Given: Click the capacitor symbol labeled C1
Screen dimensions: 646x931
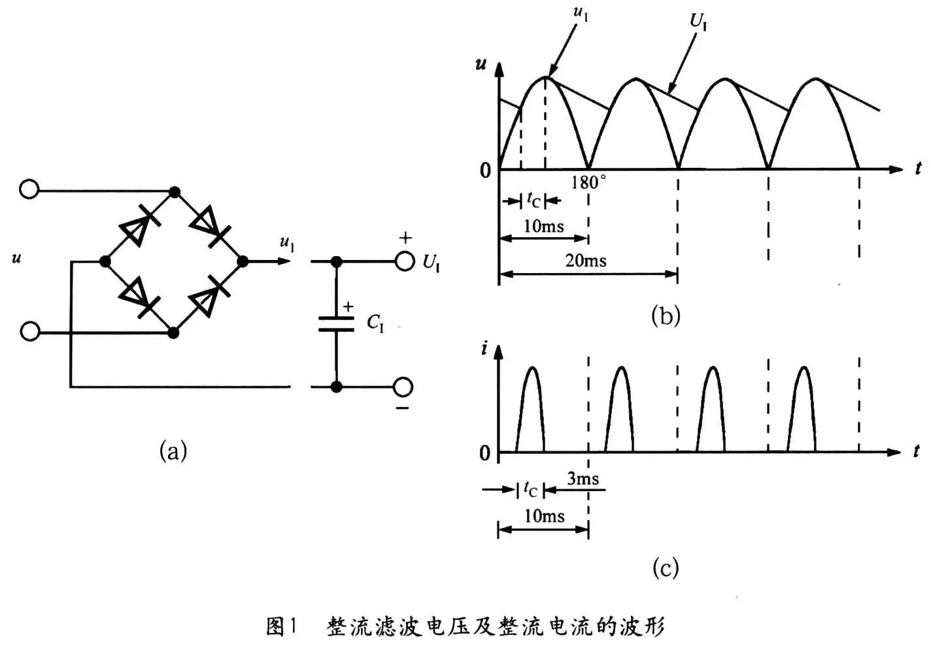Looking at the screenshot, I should click(x=336, y=324).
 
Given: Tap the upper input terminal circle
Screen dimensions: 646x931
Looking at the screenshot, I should click(x=29, y=189).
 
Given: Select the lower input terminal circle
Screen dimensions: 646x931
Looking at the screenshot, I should click(x=29, y=331).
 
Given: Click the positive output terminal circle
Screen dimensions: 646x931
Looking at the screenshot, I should click(x=405, y=261).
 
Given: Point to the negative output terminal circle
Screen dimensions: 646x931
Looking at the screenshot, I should click(x=403, y=387).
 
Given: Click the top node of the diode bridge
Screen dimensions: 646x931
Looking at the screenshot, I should click(x=174, y=191).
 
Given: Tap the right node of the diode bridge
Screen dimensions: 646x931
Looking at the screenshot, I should click(x=243, y=261).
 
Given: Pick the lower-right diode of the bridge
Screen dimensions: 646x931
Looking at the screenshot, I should click(x=208, y=296).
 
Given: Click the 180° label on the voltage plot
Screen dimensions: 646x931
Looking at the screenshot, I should click(x=588, y=182).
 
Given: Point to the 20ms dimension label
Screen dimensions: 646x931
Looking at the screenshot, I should click(x=586, y=261).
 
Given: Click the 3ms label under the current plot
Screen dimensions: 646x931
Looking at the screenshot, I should click(x=583, y=479).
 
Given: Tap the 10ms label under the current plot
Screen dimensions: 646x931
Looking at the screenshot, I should click(x=544, y=516).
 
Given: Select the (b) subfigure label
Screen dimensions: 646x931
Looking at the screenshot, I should click(x=666, y=316).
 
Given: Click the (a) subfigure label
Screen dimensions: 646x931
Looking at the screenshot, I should click(x=173, y=451).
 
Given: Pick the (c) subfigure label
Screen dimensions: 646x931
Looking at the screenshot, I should click(x=666, y=567).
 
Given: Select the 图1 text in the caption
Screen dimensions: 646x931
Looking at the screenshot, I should click(x=282, y=626).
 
